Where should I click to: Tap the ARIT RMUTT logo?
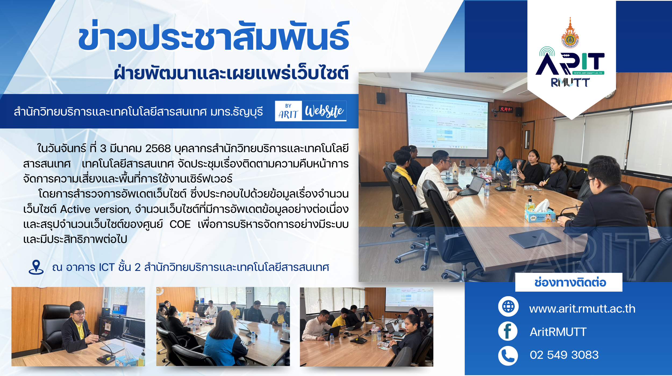point(570,67)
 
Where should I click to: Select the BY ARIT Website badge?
point(311,111)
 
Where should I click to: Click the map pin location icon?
point(36,267)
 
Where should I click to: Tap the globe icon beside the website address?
point(508,306)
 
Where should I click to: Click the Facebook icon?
point(508,331)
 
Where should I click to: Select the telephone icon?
point(508,356)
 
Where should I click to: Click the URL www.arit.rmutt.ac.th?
point(582,309)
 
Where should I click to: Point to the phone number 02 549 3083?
point(564,355)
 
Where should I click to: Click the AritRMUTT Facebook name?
point(558,332)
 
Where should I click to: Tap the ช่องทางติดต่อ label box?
point(569,282)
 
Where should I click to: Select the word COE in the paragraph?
point(180,224)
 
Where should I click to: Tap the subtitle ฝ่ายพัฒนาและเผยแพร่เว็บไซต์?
point(231,73)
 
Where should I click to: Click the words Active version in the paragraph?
point(95,209)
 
